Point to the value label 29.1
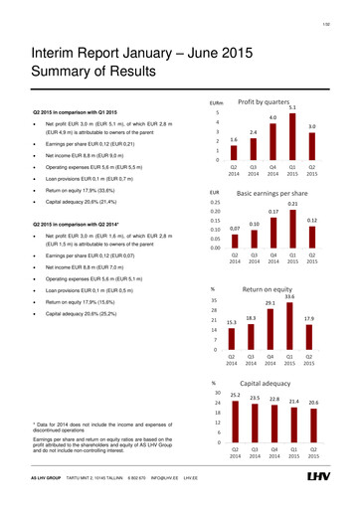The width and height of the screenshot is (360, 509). [x=270, y=275]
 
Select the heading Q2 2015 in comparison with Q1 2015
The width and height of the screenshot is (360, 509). [x=71, y=110]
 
